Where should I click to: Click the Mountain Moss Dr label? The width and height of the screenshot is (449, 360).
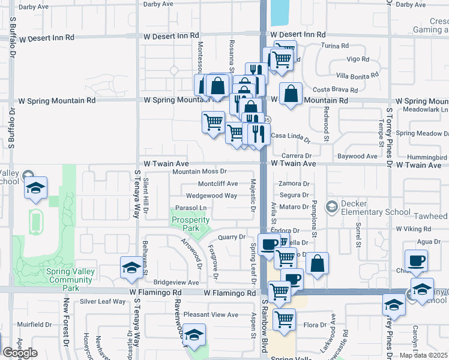(199, 172)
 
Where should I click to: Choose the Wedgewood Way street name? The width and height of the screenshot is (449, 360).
(211, 196)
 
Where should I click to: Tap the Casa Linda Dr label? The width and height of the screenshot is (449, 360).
(291, 137)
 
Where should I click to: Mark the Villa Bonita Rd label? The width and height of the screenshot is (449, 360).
(357, 75)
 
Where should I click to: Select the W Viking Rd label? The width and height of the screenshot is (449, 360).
(418, 229)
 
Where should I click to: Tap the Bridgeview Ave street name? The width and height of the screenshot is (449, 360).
(176, 282)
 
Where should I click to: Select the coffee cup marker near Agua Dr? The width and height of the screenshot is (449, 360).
(416, 260)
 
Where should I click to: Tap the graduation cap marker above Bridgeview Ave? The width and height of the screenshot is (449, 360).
(131, 268)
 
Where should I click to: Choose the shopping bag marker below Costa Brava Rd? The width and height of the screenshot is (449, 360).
(291, 95)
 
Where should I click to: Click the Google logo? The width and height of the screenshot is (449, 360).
(20, 352)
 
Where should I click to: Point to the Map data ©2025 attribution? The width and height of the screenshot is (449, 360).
(423, 355)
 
